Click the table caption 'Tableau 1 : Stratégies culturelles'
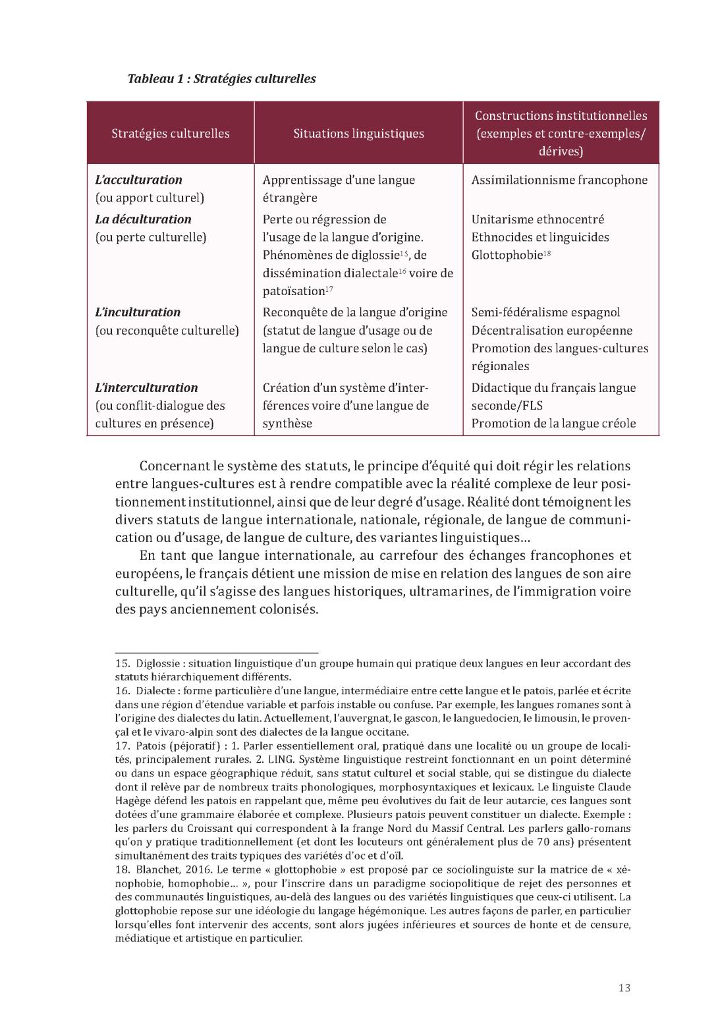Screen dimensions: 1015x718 click(x=221, y=79)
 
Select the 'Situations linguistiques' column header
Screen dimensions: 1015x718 click(x=358, y=134)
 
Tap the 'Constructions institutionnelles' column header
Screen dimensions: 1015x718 click(x=561, y=116)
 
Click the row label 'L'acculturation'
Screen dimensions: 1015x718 click(x=139, y=180)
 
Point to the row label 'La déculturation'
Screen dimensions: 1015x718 click(x=143, y=219)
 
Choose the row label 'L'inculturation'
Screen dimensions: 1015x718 click(x=138, y=312)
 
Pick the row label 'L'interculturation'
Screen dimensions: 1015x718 click(x=146, y=388)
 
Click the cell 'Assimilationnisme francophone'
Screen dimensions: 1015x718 click(x=559, y=180)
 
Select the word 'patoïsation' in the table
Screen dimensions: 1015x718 click(x=294, y=291)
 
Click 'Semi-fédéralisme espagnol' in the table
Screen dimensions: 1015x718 click(x=545, y=312)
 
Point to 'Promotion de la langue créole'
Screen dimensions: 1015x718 click(x=553, y=424)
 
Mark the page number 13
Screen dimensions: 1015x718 click(x=624, y=987)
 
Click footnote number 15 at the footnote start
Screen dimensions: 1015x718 click(x=122, y=663)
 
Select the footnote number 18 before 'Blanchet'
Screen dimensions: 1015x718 click(x=122, y=869)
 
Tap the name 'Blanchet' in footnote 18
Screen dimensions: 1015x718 click(x=155, y=869)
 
